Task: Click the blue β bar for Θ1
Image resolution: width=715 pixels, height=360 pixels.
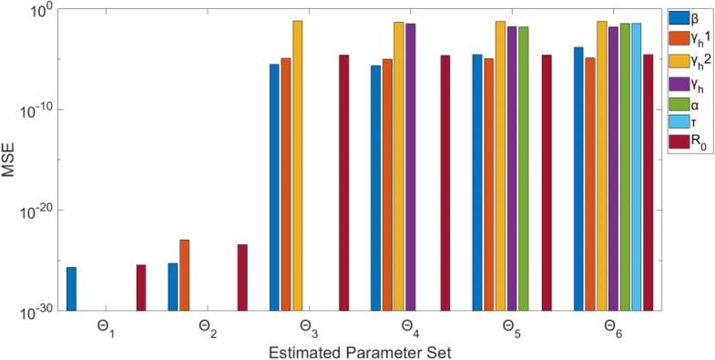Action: [x=71, y=288]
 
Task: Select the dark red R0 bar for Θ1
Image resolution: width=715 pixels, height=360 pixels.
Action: [x=141, y=287]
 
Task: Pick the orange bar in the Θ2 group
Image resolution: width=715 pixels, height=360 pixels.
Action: [x=185, y=274]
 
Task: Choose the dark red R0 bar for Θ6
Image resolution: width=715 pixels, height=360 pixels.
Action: [x=648, y=182]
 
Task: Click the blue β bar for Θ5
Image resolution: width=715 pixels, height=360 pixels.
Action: [x=477, y=182]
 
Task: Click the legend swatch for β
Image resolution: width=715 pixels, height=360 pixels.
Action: [x=678, y=18]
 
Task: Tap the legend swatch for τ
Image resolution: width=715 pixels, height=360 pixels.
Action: [x=678, y=123]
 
